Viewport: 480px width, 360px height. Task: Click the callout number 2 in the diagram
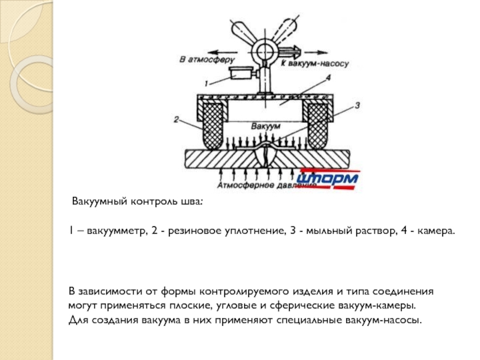pyautogui.click(x=176, y=119)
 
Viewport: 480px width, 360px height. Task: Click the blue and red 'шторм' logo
pyautogui.click(x=328, y=179)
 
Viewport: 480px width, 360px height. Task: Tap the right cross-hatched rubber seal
pyautogui.click(x=316, y=126)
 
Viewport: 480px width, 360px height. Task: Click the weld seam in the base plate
pyautogui.click(x=265, y=157)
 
